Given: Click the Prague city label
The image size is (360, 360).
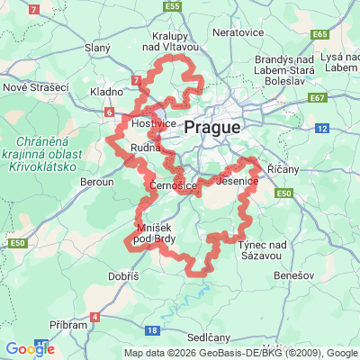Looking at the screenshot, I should coord(212,128).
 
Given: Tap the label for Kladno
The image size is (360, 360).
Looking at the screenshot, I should coord(107,92).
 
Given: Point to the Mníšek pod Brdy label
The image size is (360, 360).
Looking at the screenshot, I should coord(154,231).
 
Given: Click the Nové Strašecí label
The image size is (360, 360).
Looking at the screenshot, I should coord(35,87).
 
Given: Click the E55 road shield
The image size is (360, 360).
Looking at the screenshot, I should coord(173,6).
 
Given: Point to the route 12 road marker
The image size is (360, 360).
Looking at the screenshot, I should coord(321,129).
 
